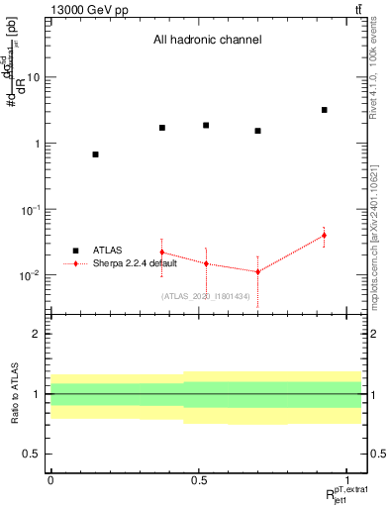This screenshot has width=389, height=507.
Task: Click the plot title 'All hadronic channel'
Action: [x=207, y=41]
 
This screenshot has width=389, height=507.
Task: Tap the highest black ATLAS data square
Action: [x=325, y=110]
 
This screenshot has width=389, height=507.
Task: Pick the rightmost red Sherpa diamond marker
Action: [x=325, y=236]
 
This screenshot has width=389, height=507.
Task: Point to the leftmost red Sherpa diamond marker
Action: [x=161, y=253]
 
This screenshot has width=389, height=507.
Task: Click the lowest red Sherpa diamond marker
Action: [x=257, y=272]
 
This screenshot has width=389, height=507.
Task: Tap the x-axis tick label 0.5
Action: [x=198, y=480]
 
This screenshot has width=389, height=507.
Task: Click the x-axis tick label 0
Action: [x=50, y=480]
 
